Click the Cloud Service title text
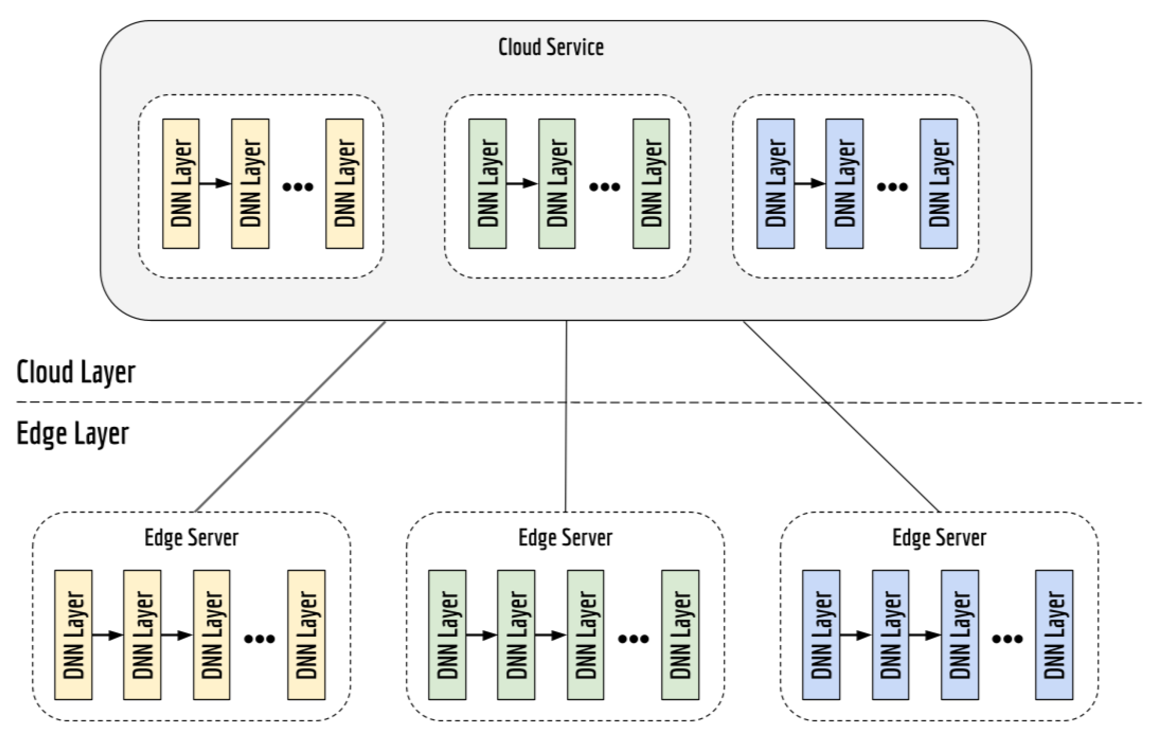click(x=551, y=47)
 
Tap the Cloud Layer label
click(x=76, y=372)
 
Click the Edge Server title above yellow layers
click(x=191, y=537)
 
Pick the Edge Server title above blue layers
click(x=939, y=537)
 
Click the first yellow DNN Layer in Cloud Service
click(x=181, y=183)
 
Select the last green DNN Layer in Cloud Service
click(x=651, y=183)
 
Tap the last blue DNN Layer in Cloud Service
click(x=939, y=183)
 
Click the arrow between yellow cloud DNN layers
click(x=215, y=183)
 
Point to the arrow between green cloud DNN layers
click(x=522, y=183)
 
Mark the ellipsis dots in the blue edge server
click(x=1007, y=639)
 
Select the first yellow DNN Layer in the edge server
click(x=73, y=634)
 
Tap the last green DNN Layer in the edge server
click(x=680, y=634)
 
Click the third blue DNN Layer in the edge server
click(x=960, y=634)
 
